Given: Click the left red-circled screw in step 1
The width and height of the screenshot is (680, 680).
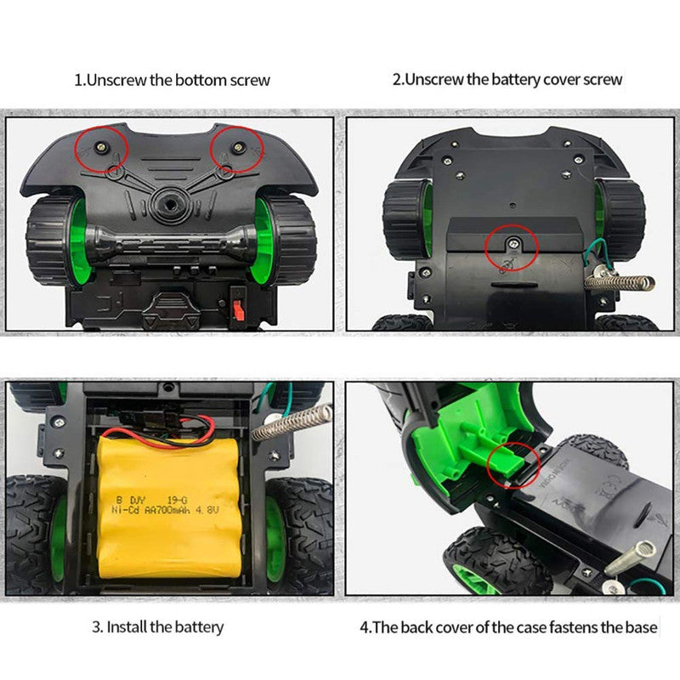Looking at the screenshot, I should [101, 147].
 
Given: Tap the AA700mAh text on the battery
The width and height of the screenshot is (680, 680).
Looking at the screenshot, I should [165, 510].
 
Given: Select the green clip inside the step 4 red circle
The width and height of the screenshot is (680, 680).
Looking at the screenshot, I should [507, 458].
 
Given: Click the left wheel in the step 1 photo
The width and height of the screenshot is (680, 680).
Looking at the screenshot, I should [55, 241].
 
